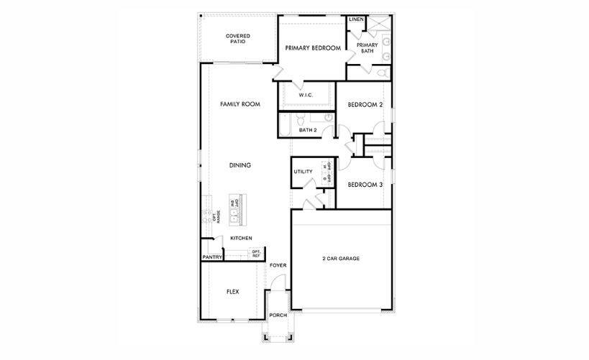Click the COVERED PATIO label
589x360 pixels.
pyautogui.click(x=237, y=39)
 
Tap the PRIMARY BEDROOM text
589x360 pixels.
pyautogui.click(x=312, y=48)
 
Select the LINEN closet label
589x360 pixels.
pyautogui.click(x=356, y=19)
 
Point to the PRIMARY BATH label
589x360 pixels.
pyautogui.click(x=369, y=47)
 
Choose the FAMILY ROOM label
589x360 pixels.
pyautogui.click(x=239, y=104)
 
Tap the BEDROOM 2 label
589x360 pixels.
pyautogui.click(x=365, y=105)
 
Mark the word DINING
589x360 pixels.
pyautogui.click(x=239, y=165)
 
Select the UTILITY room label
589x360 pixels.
pyautogui.click(x=303, y=172)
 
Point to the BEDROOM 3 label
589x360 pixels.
pyautogui.click(x=365, y=185)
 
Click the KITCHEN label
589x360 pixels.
pyautogui.click(x=240, y=238)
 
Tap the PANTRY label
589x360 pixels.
pyautogui.click(x=211, y=257)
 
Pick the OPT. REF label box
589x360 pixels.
pyautogui.click(x=256, y=253)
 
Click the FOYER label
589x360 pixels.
pyautogui.click(x=278, y=266)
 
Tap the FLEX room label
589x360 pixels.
pyautogui.click(x=232, y=292)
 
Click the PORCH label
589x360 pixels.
pyautogui.click(x=278, y=315)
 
